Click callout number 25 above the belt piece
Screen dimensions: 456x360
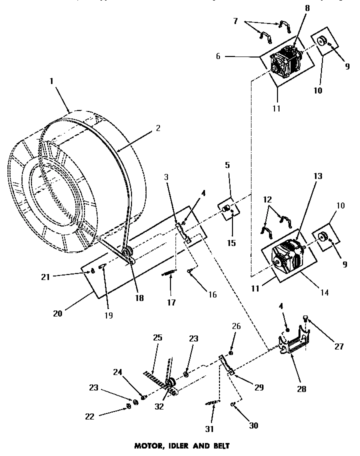click(157, 338)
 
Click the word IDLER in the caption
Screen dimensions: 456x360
click(178, 444)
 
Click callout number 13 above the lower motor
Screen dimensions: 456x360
click(318, 176)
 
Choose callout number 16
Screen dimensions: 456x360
click(212, 294)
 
